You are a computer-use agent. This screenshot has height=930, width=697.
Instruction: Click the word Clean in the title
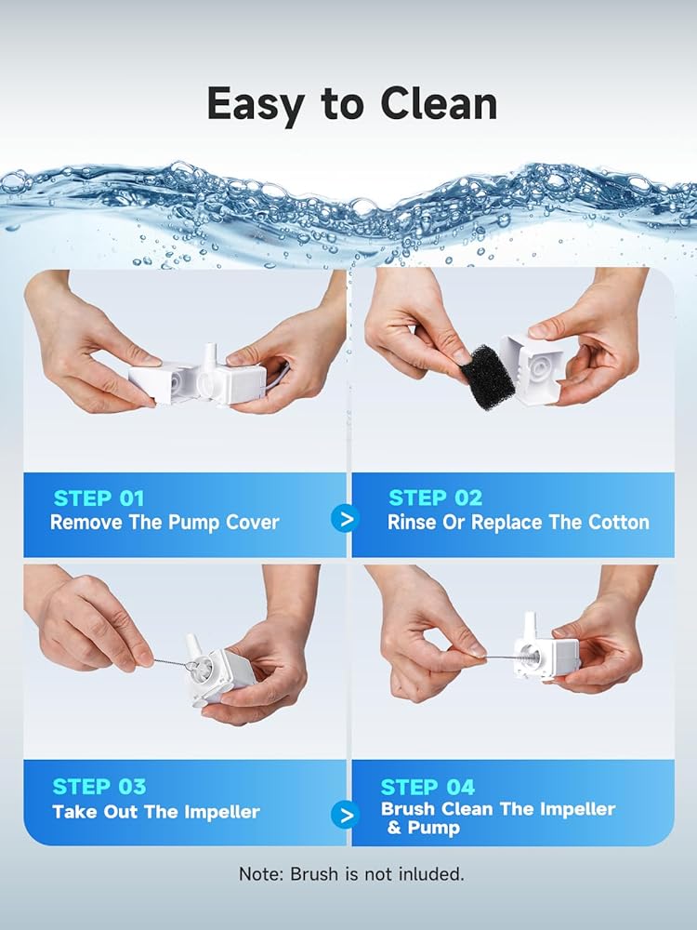coord(438,104)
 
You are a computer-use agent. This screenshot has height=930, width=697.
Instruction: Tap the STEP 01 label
coord(99,498)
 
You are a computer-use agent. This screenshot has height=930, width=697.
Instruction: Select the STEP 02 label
coord(436,498)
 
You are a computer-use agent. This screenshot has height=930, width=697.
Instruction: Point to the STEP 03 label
coord(99,787)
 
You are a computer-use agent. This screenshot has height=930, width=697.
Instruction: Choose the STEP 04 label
coord(427,787)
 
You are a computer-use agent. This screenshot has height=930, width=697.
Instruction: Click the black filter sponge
coord(487,378)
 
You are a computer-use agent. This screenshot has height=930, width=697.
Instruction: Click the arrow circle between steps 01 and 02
coord(346,519)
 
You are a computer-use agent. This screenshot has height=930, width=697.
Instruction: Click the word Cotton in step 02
coord(619,522)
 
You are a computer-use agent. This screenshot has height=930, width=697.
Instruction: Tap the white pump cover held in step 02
coord(532,369)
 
